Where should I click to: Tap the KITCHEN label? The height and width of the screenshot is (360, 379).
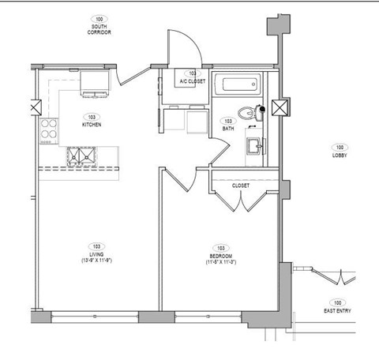91,125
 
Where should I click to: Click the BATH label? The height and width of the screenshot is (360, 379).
228,128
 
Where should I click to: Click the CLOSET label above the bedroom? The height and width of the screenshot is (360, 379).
241,186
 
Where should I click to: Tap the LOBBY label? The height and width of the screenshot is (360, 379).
340,156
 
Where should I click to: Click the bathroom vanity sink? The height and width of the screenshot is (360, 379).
254,147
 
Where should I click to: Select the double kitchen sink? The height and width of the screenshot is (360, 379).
81,158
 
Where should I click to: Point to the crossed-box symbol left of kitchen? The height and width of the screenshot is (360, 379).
34,107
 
